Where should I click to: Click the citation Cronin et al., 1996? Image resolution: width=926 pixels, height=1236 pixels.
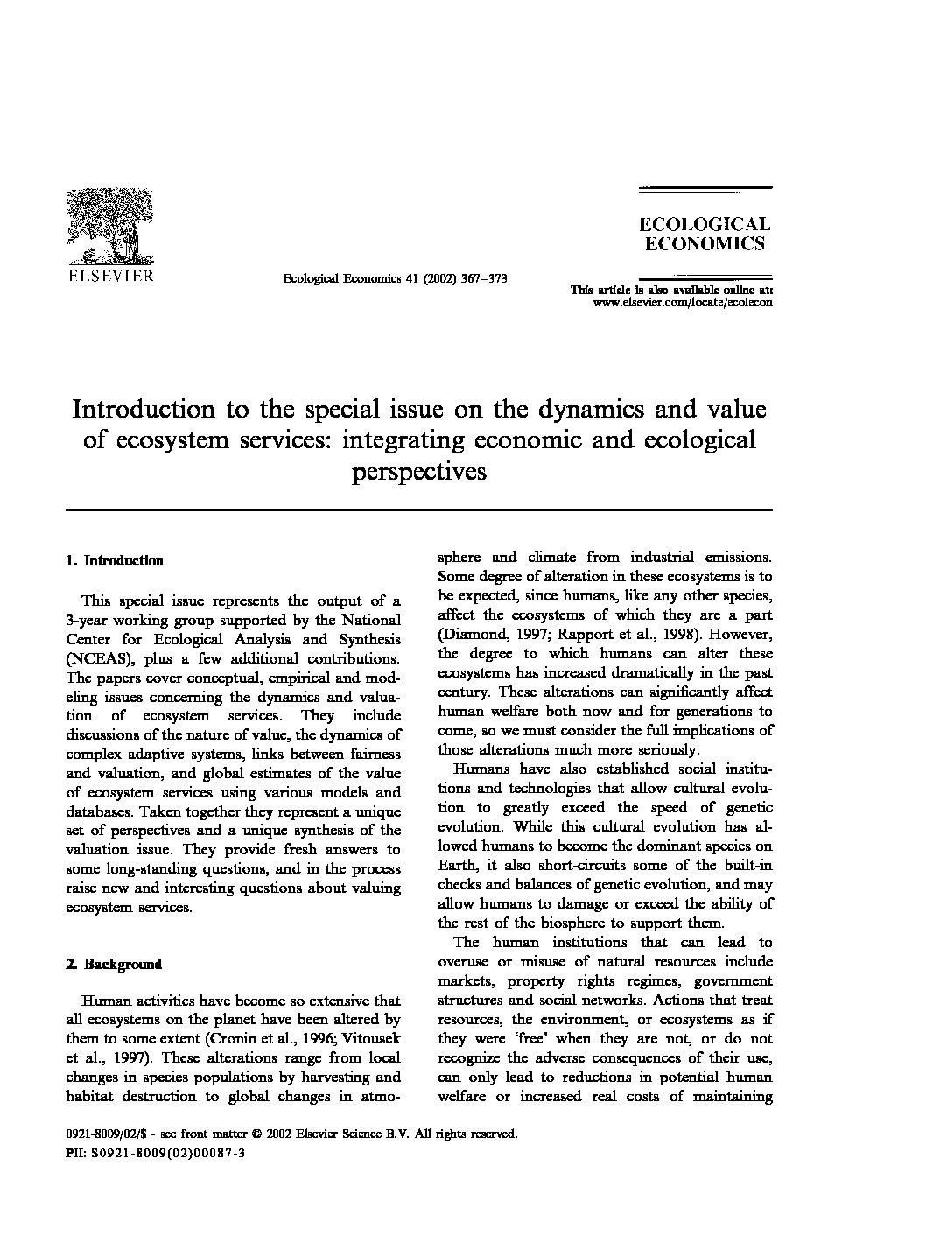pyautogui.click(x=266, y=1039)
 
